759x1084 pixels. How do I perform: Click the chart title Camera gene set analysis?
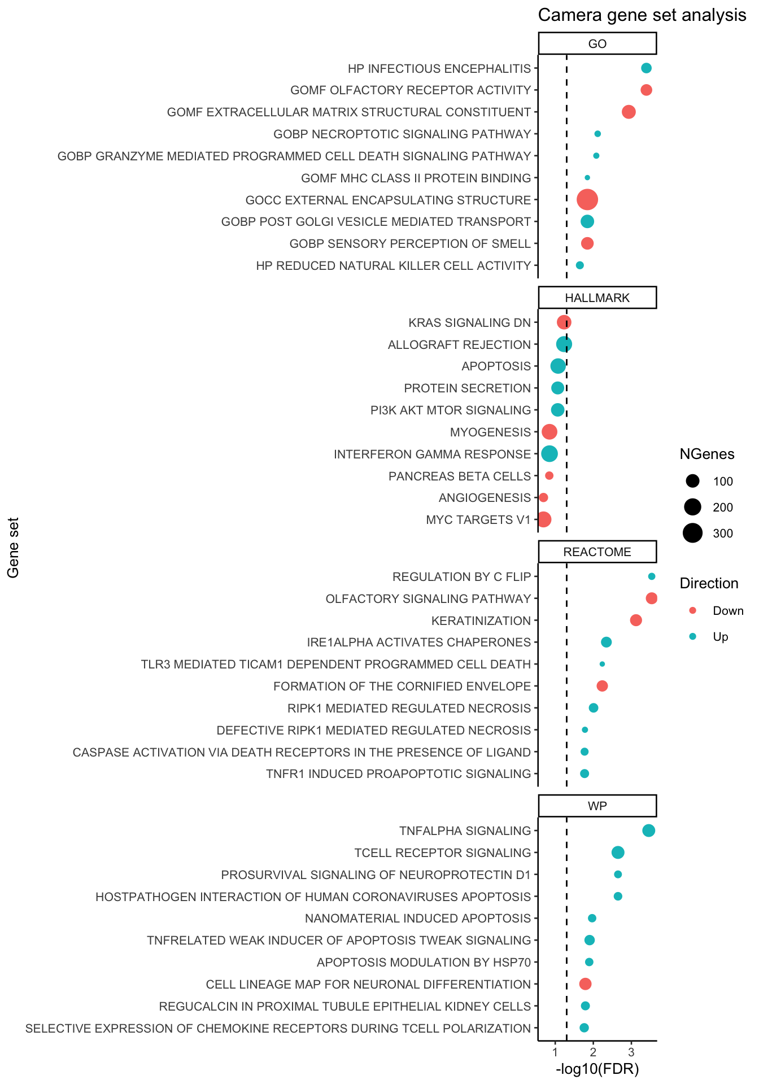642,15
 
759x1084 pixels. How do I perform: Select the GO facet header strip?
597,44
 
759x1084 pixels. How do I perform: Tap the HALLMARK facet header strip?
597,298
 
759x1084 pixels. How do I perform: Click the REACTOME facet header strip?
597,552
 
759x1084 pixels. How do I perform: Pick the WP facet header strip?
597,806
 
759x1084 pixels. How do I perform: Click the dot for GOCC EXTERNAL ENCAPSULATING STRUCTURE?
587,199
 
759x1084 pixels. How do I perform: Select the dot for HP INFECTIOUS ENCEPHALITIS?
647,68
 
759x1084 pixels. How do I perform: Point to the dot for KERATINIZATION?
636,620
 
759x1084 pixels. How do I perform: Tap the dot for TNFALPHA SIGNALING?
649,831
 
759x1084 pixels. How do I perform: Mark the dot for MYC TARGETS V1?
544,519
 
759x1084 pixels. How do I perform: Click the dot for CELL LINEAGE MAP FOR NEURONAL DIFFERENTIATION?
586,984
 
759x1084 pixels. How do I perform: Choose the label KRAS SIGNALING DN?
470,323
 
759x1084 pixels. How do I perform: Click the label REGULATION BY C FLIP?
462,577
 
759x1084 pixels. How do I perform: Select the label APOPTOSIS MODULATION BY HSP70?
424,963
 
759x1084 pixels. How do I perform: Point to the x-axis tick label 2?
594,1053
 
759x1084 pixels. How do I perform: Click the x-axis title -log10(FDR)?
597,1069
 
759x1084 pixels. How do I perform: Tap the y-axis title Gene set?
14,548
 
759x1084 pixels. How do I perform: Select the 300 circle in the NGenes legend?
693,533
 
